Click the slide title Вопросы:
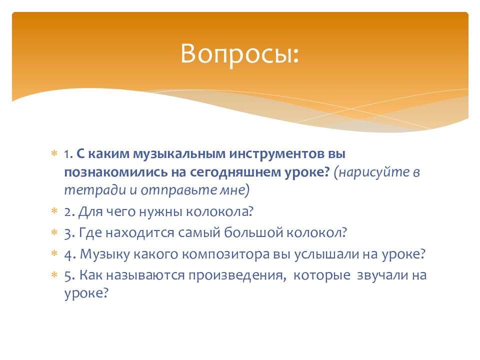239,54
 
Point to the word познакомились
116,172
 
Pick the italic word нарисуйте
374,172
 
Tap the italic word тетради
95,190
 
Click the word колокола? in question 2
220,211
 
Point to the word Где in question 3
90,232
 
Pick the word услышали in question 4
326,254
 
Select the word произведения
237,275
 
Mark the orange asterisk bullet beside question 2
54,210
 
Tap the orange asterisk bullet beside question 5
54,274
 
